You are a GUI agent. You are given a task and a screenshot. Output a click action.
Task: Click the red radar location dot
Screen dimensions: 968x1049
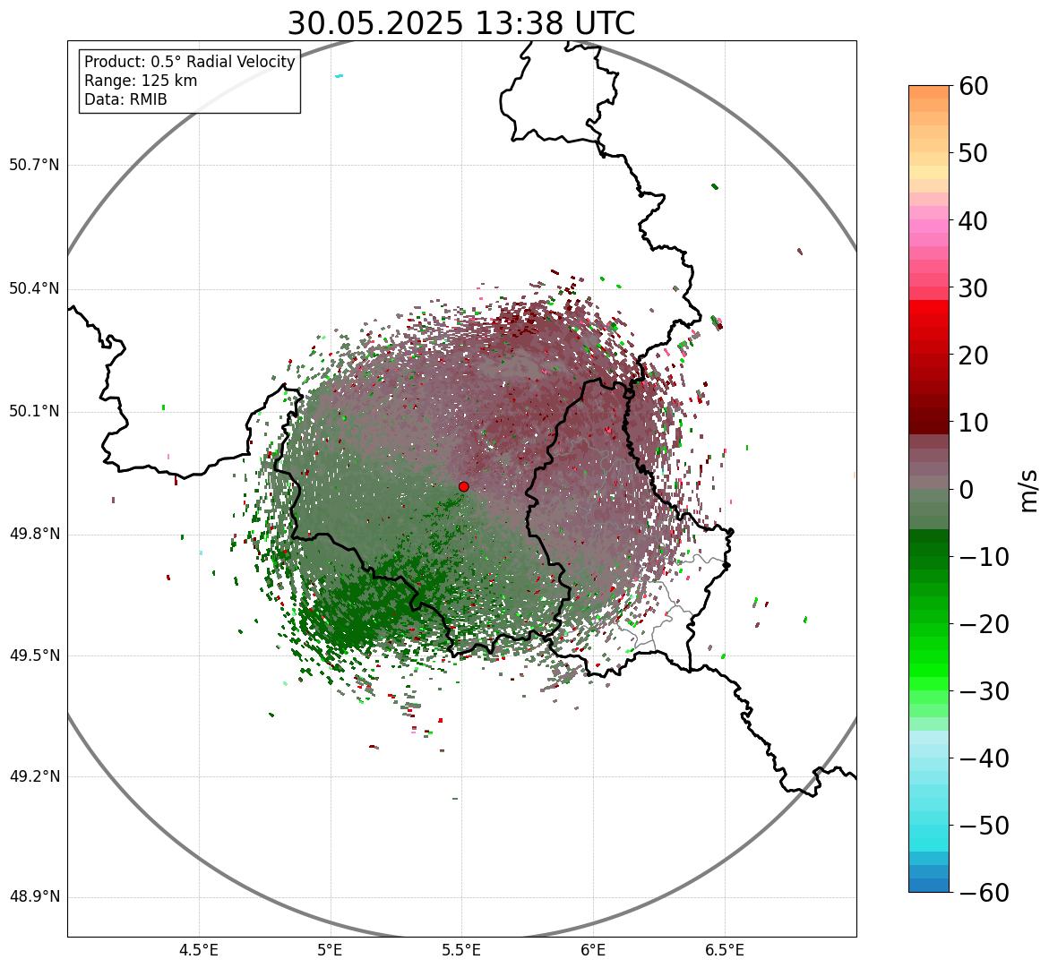click(463, 486)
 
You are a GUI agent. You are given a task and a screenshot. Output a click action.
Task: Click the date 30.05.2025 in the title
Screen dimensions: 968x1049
click(374, 24)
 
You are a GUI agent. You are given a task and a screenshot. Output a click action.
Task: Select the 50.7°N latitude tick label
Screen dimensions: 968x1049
click(34, 165)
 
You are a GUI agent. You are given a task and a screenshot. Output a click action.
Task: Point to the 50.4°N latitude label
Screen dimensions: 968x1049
click(34, 288)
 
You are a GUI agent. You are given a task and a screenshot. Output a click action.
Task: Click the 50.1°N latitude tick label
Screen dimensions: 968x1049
click(34, 412)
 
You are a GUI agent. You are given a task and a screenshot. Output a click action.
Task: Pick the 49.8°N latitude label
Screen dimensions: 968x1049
click(34, 535)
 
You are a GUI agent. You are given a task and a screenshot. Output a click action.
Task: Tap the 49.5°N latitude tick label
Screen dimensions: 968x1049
click(34, 655)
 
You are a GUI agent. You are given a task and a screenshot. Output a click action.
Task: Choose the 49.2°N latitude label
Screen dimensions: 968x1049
click(34, 776)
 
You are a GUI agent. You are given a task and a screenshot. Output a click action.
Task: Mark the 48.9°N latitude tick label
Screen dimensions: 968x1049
click(34, 897)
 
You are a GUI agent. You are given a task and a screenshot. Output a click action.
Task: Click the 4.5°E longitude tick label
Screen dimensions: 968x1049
click(199, 950)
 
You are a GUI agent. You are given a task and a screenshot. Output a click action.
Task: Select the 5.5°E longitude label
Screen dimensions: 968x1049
click(461, 950)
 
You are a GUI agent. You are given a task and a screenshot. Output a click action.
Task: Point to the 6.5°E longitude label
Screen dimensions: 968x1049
click(724, 950)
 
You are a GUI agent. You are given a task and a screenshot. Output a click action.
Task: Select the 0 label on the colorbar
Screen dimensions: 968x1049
click(967, 490)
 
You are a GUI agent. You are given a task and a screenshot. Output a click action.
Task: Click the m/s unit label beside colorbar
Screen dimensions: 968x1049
click(1028, 490)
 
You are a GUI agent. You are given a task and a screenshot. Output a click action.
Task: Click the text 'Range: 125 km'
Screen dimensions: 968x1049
click(141, 81)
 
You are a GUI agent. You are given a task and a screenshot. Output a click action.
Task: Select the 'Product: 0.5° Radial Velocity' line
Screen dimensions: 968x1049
click(189, 62)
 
